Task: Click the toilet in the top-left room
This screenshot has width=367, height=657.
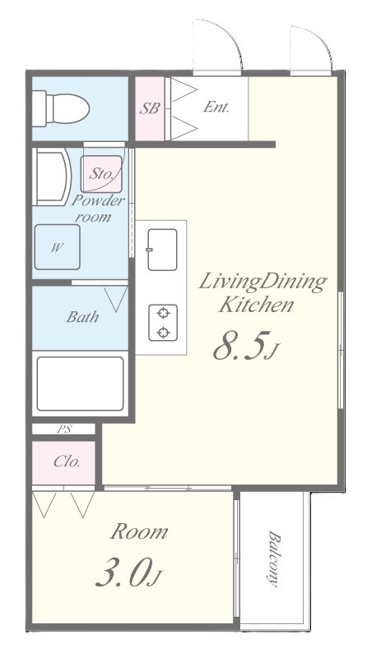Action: [x=61, y=108]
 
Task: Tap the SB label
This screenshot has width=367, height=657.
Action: [x=150, y=108]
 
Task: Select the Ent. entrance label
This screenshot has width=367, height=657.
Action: [x=216, y=108]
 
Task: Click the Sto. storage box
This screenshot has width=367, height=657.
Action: [x=101, y=174]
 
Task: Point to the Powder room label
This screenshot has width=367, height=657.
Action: [x=98, y=209]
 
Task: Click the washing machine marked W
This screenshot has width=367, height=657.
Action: [x=57, y=247]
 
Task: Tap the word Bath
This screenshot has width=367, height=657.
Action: [x=83, y=317]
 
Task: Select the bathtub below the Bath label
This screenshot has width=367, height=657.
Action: [x=80, y=384]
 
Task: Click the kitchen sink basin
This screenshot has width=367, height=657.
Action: [x=162, y=250]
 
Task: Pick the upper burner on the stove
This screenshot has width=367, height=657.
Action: [x=163, y=313]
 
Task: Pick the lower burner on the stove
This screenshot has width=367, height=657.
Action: [x=163, y=333]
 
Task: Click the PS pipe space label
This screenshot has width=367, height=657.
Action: [x=64, y=430]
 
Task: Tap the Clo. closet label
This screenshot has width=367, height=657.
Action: [x=67, y=462]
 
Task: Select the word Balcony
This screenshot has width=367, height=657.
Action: [x=273, y=559]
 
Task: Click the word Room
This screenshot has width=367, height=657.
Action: [x=139, y=532]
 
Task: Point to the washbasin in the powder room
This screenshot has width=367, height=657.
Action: [x=52, y=178]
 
